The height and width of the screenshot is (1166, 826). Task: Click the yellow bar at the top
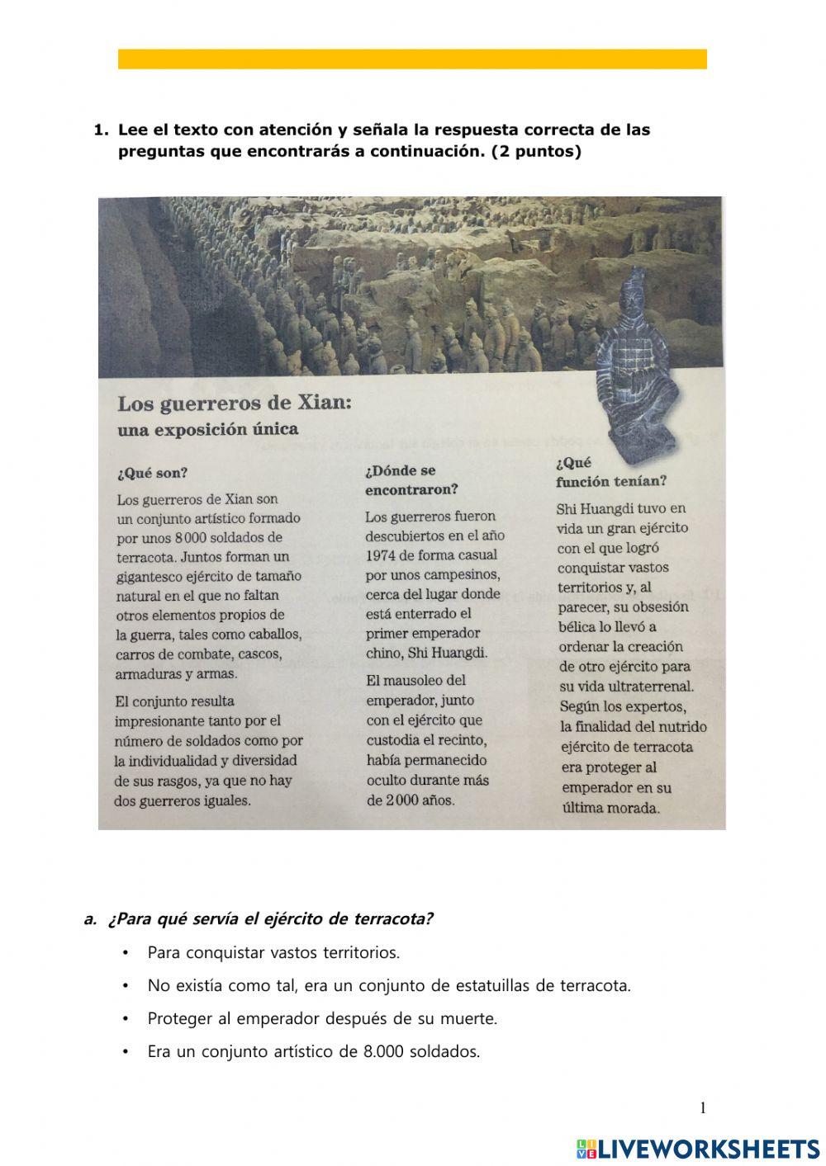[412, 59]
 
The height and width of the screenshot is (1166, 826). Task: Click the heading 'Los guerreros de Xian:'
[235, 404]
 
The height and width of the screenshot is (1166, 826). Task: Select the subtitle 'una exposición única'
[207, 429]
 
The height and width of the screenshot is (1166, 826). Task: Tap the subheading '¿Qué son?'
[152, 473]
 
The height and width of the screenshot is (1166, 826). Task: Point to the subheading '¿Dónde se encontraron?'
[411, 479]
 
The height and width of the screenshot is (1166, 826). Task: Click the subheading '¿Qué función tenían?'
[610, 472]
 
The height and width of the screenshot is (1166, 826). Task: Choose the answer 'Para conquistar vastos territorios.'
[273, 952]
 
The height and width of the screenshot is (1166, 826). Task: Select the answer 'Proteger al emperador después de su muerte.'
[322, 1018]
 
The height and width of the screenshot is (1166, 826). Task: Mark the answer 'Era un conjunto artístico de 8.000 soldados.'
[313, 1051]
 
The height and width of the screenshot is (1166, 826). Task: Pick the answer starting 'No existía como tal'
[388, 985]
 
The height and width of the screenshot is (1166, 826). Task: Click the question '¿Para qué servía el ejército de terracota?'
[270, 918]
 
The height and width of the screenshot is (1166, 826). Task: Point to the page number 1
[703, 1108]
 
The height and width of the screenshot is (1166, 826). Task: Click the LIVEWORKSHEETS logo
[698, 1149]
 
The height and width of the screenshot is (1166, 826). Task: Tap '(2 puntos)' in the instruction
[536, 152]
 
